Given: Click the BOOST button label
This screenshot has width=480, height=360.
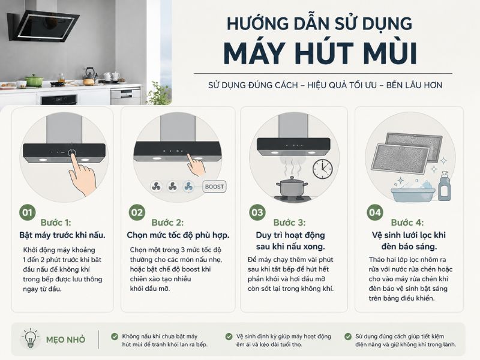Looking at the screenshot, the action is (214, 187).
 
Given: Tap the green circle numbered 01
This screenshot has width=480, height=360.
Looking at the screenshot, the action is (28, 212).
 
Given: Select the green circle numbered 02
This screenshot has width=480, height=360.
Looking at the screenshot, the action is (137, 212).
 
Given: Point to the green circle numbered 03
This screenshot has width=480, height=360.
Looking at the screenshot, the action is (257, 212).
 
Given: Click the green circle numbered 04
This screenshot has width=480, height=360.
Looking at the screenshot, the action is (375, 212).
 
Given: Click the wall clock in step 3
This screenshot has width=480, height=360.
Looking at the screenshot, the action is (323, 169).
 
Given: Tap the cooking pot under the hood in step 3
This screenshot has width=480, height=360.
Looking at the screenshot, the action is (292, 187).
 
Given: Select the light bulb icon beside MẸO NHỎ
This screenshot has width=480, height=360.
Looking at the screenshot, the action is (30, 338).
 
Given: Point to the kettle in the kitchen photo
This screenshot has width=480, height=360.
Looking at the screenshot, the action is (89, 77).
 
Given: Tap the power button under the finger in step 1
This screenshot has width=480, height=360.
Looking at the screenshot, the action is (71, 152).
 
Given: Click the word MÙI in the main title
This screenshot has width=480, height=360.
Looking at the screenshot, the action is (386, 53).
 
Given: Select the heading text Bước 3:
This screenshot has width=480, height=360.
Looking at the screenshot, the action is (289, 223).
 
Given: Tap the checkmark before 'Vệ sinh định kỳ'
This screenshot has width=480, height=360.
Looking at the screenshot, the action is (229, 337).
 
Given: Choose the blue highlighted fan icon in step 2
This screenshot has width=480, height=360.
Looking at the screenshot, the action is (188, 186).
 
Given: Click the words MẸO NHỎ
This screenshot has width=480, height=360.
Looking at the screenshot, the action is (65, 340).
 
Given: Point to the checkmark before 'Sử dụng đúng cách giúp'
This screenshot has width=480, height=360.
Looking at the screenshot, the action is (348, 337).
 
